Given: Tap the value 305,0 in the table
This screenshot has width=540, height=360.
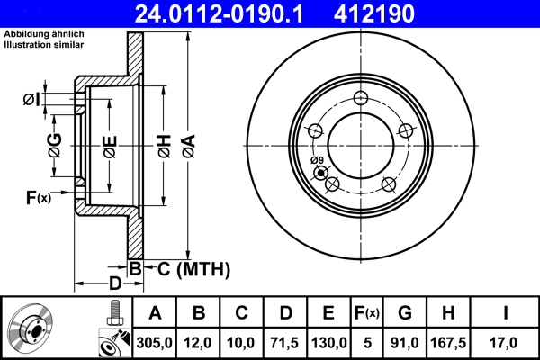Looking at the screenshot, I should [x=155, y=341].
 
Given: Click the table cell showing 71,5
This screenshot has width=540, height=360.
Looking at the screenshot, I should [x=285, y=341].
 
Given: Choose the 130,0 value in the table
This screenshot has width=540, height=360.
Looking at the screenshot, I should [x=328, y=341].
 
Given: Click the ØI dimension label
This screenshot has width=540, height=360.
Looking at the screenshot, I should [x=31, y=99].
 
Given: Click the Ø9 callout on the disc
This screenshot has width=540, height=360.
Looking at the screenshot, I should [x=316, y=161].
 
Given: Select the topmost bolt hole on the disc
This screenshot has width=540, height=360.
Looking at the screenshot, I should [x=360, y=99].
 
